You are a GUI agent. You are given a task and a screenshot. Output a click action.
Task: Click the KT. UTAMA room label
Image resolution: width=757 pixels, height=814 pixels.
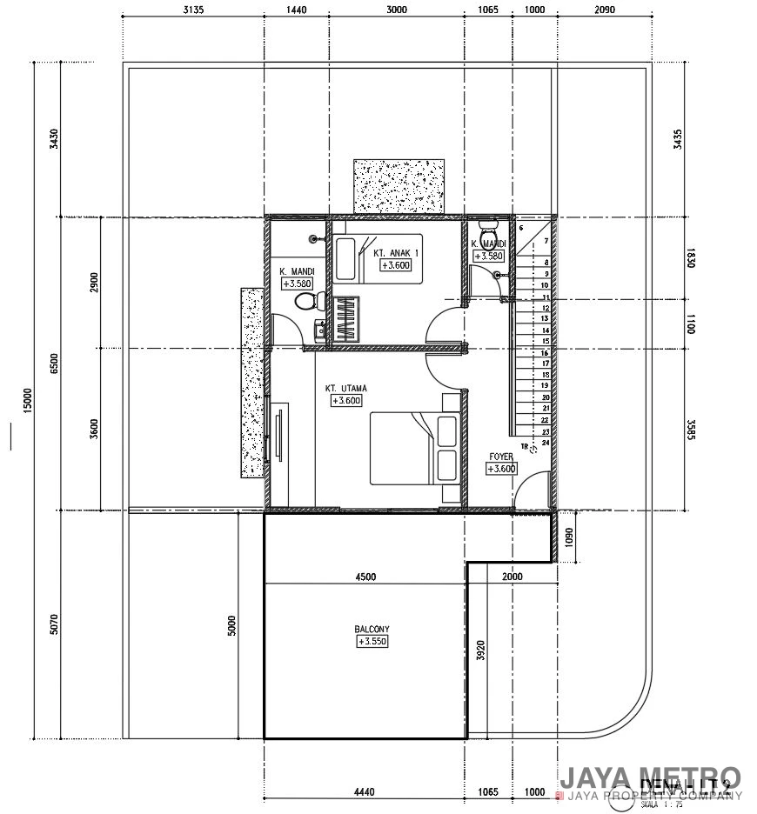(x=343, y=388)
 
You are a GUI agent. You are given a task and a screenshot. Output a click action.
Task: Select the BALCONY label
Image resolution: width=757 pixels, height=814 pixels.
(x=372, y=629)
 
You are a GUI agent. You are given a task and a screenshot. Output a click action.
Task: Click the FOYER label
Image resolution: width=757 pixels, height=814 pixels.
(x=500, y=456)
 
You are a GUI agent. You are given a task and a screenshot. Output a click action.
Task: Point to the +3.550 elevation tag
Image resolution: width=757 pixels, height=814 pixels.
(x=372, y=642)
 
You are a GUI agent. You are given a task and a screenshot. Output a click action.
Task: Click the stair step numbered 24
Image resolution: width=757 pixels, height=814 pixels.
(x=546, y=443)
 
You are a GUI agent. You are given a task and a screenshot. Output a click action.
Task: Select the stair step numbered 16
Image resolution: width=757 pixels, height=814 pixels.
(x=546, y=353)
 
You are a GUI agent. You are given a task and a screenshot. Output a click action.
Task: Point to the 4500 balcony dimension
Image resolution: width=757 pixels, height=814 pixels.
(x=365, y=577)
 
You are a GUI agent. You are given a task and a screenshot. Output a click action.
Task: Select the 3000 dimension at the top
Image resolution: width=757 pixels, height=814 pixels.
(x=396, y=10)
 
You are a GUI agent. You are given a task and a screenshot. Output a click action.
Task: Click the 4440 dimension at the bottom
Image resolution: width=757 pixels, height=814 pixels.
(x=365, y=792)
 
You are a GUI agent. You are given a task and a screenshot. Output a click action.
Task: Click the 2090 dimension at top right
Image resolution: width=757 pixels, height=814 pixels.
(x=604, y=10)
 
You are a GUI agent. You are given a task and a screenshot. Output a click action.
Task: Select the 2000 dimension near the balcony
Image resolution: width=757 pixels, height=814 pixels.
(x=512, y=577)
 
